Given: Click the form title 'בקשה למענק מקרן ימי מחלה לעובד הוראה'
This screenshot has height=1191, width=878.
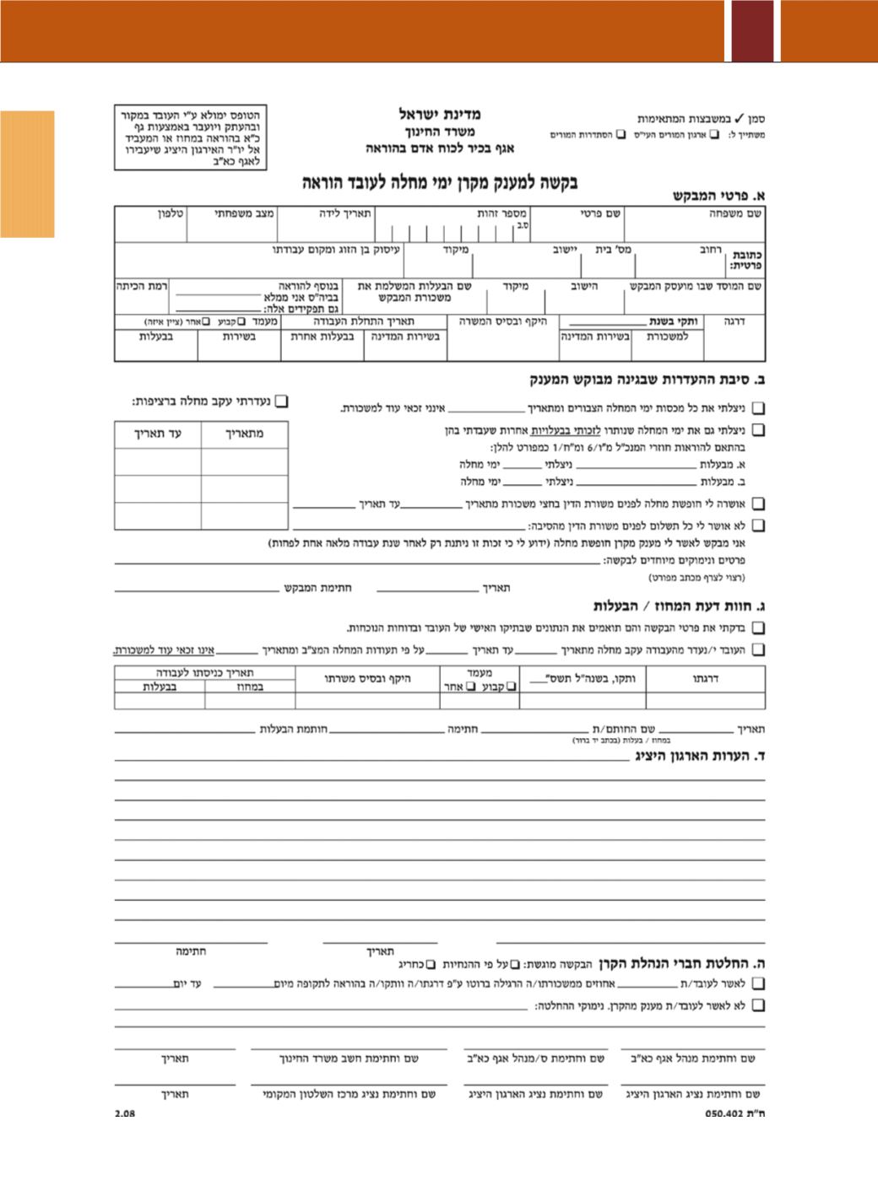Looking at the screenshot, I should tap(440, 182).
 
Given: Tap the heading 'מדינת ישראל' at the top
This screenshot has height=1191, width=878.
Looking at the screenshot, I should tap(440, 114).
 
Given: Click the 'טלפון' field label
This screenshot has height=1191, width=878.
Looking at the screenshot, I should tap(171, 214).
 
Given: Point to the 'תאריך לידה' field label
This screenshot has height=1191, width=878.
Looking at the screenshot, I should tap(344, 214).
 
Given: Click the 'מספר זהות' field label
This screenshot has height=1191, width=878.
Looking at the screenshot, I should tap(501, 214).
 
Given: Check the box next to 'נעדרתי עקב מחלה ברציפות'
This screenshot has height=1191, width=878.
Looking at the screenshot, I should tap(282, 401).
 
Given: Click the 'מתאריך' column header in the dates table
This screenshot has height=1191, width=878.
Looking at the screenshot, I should tap(244, 434).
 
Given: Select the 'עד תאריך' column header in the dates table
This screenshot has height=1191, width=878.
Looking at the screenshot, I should tap(158, 434).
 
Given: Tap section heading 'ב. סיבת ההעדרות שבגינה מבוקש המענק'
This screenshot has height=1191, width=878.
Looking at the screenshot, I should tap(648, 380).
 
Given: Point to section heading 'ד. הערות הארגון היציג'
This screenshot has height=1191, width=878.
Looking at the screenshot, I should tap(701, 756).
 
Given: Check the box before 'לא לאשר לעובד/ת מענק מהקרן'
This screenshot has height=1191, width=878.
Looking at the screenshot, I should tap(758, 1005).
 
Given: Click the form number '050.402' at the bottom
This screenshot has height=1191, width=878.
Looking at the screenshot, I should tap(724, 1113).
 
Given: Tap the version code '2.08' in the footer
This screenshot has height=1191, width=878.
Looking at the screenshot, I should tap(125, 1113).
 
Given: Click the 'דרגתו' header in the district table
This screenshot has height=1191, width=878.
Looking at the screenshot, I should tap(706, 678).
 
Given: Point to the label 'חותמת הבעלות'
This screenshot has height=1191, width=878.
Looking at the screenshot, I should tap(293, 730).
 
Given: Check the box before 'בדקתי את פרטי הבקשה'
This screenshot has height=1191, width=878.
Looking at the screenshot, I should tap(758, 628).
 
